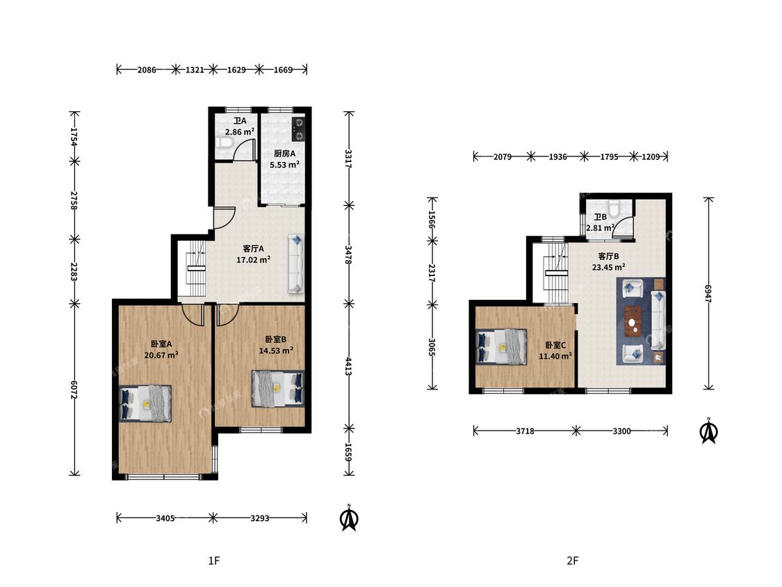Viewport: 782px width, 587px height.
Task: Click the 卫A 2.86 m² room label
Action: pos(240,127)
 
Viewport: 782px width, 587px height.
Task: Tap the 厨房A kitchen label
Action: pos(284,154)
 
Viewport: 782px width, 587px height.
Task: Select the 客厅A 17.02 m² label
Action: pos(253,254)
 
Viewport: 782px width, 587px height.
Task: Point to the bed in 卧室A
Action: pos(145,403)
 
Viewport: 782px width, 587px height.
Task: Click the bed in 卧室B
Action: pos(278,389)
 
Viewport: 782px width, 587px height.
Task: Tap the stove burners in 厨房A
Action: pos(298,129)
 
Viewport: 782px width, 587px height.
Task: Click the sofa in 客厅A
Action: pos(295,264)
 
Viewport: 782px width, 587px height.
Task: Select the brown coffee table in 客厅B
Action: pos(633,322)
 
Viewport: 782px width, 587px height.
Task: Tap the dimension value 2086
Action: pos(147,70)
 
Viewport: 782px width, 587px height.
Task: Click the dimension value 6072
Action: pos(74,390)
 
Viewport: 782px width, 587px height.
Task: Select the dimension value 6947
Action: pos(708,293)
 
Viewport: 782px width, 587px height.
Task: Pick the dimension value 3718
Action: pos(526,431)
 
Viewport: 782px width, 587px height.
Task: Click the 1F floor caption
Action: pos(214,561)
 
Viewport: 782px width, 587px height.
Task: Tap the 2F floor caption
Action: pos(573,561)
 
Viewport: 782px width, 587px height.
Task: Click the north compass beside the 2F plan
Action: pos(709,431)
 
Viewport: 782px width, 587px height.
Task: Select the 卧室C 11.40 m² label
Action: pos(555,351)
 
